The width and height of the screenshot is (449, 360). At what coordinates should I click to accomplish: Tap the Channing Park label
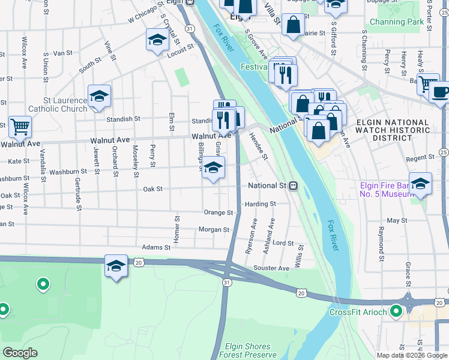click(x=397, y=22)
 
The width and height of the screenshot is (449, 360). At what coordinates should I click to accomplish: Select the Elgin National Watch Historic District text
click(x=393, y=130)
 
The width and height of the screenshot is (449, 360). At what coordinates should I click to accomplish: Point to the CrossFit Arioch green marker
click(x=396, y=311)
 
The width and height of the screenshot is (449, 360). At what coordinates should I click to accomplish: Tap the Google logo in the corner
click(x=20, y=353)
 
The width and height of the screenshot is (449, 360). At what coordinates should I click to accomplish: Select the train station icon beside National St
click(x=294, y=186)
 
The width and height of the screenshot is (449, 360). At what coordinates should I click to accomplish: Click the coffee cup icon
click(x=440, y=93)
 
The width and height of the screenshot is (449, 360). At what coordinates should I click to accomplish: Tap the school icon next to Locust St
click(x=157, y=40)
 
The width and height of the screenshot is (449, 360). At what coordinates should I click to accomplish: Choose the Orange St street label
click(x=218, y=212)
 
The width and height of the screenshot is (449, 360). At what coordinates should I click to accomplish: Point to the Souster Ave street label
click(x=271, y=268)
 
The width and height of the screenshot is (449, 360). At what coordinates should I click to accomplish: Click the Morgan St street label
click(x=214, y=230)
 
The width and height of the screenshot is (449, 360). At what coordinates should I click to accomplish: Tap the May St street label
click(x=397, y=221)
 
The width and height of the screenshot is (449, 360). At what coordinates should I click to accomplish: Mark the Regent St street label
click(x=420, y=158)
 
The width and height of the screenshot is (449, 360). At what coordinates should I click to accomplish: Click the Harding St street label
click(x=261, y=204)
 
